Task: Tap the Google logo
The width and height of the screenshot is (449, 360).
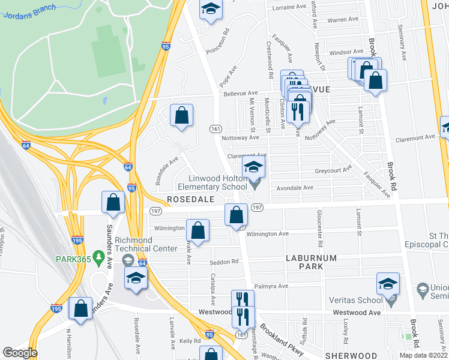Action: click(20, 353)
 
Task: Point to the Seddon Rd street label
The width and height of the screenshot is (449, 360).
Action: click(224, 262)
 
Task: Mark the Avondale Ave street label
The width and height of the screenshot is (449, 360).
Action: click(294, 187)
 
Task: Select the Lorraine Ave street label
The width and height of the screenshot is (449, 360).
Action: click(289, 7)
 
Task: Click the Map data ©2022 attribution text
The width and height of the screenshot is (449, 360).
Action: click(423, 355)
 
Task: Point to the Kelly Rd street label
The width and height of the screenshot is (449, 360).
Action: click(190, 340)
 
